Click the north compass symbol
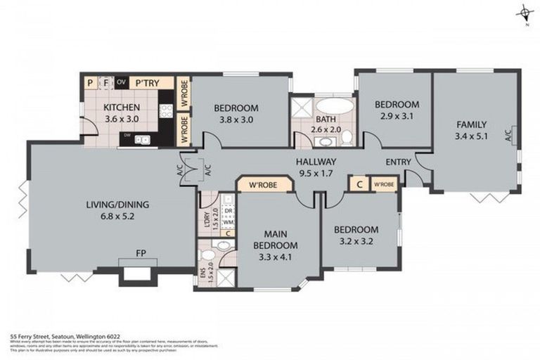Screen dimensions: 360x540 click(525, 13)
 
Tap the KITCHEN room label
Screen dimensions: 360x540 click(121, 108)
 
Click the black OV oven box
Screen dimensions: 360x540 click(121, 82)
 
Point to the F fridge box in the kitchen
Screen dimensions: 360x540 click(105, 82)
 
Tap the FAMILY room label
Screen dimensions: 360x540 click(471, 124)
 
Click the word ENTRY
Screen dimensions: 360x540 click(398, 162)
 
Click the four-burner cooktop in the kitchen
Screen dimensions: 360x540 click(166, 110)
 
